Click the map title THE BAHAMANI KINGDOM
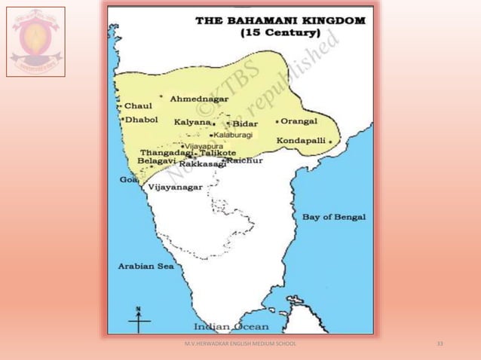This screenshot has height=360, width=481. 280,20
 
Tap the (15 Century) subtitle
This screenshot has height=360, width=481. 280,34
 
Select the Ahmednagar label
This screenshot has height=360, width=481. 200,99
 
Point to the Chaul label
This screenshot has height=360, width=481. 137,106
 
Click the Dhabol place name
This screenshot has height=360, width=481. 141,119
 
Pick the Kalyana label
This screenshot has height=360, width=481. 192,122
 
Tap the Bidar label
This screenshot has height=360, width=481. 245,124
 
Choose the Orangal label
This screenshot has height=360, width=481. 300,121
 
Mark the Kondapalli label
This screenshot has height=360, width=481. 302,141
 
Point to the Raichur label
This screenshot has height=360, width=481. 245,160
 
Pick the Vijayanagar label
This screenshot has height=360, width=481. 176,188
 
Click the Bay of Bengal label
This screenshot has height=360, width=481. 334,217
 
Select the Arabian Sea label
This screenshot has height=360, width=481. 146,266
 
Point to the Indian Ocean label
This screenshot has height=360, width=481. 231,327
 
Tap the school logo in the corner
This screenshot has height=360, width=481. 35,41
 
